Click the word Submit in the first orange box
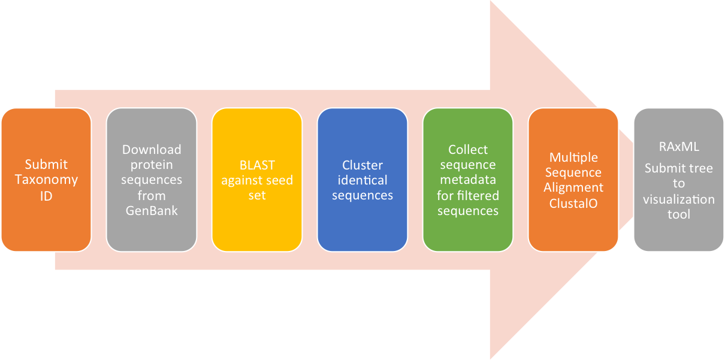click(x=46, y=164)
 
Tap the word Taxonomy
click(x=46, y=180)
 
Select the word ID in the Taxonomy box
click(x=46, y=196)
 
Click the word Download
click(x=152, y=149)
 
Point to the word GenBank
click(x=152, y=211)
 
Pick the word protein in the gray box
click(x=152, y=165)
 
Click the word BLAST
click(x=257, y=165)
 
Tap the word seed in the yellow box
click(x=280, y=180)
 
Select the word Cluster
click(x=362, y=165)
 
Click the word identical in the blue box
click(x=362, y=180)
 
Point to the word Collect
click(x=468, y=149)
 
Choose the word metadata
click(x=468, y=180)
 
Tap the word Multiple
click(x=573, y=158)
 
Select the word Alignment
click(x=573, y=188)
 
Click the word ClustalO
click(x=573, y=204)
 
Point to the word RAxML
click(x=679, y=147)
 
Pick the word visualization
click(x=679, y=199)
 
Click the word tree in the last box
click(x=700, y=168)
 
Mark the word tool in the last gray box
click(x=679, y=214)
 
